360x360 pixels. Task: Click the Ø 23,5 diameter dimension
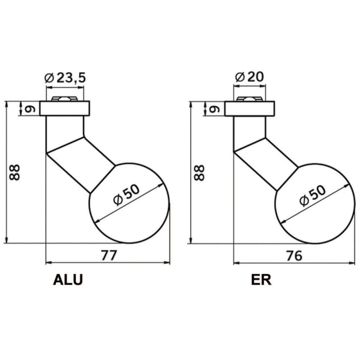click(x=65, y=78)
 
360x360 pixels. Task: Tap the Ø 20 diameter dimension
click(x=250, y=77)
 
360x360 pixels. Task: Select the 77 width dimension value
click(x=109, y=255)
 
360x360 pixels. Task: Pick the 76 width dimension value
click(x=294, y=256)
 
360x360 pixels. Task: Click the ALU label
click(x=68, y=280)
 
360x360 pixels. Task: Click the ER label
click(x=261, y=280)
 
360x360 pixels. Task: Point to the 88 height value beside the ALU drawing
click(x=15, y=172)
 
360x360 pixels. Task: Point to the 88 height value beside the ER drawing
click(x=199, y=173)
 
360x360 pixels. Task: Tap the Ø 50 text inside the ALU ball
click(x=126, y=195)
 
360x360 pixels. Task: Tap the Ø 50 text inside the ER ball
click(x=313, y=195)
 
